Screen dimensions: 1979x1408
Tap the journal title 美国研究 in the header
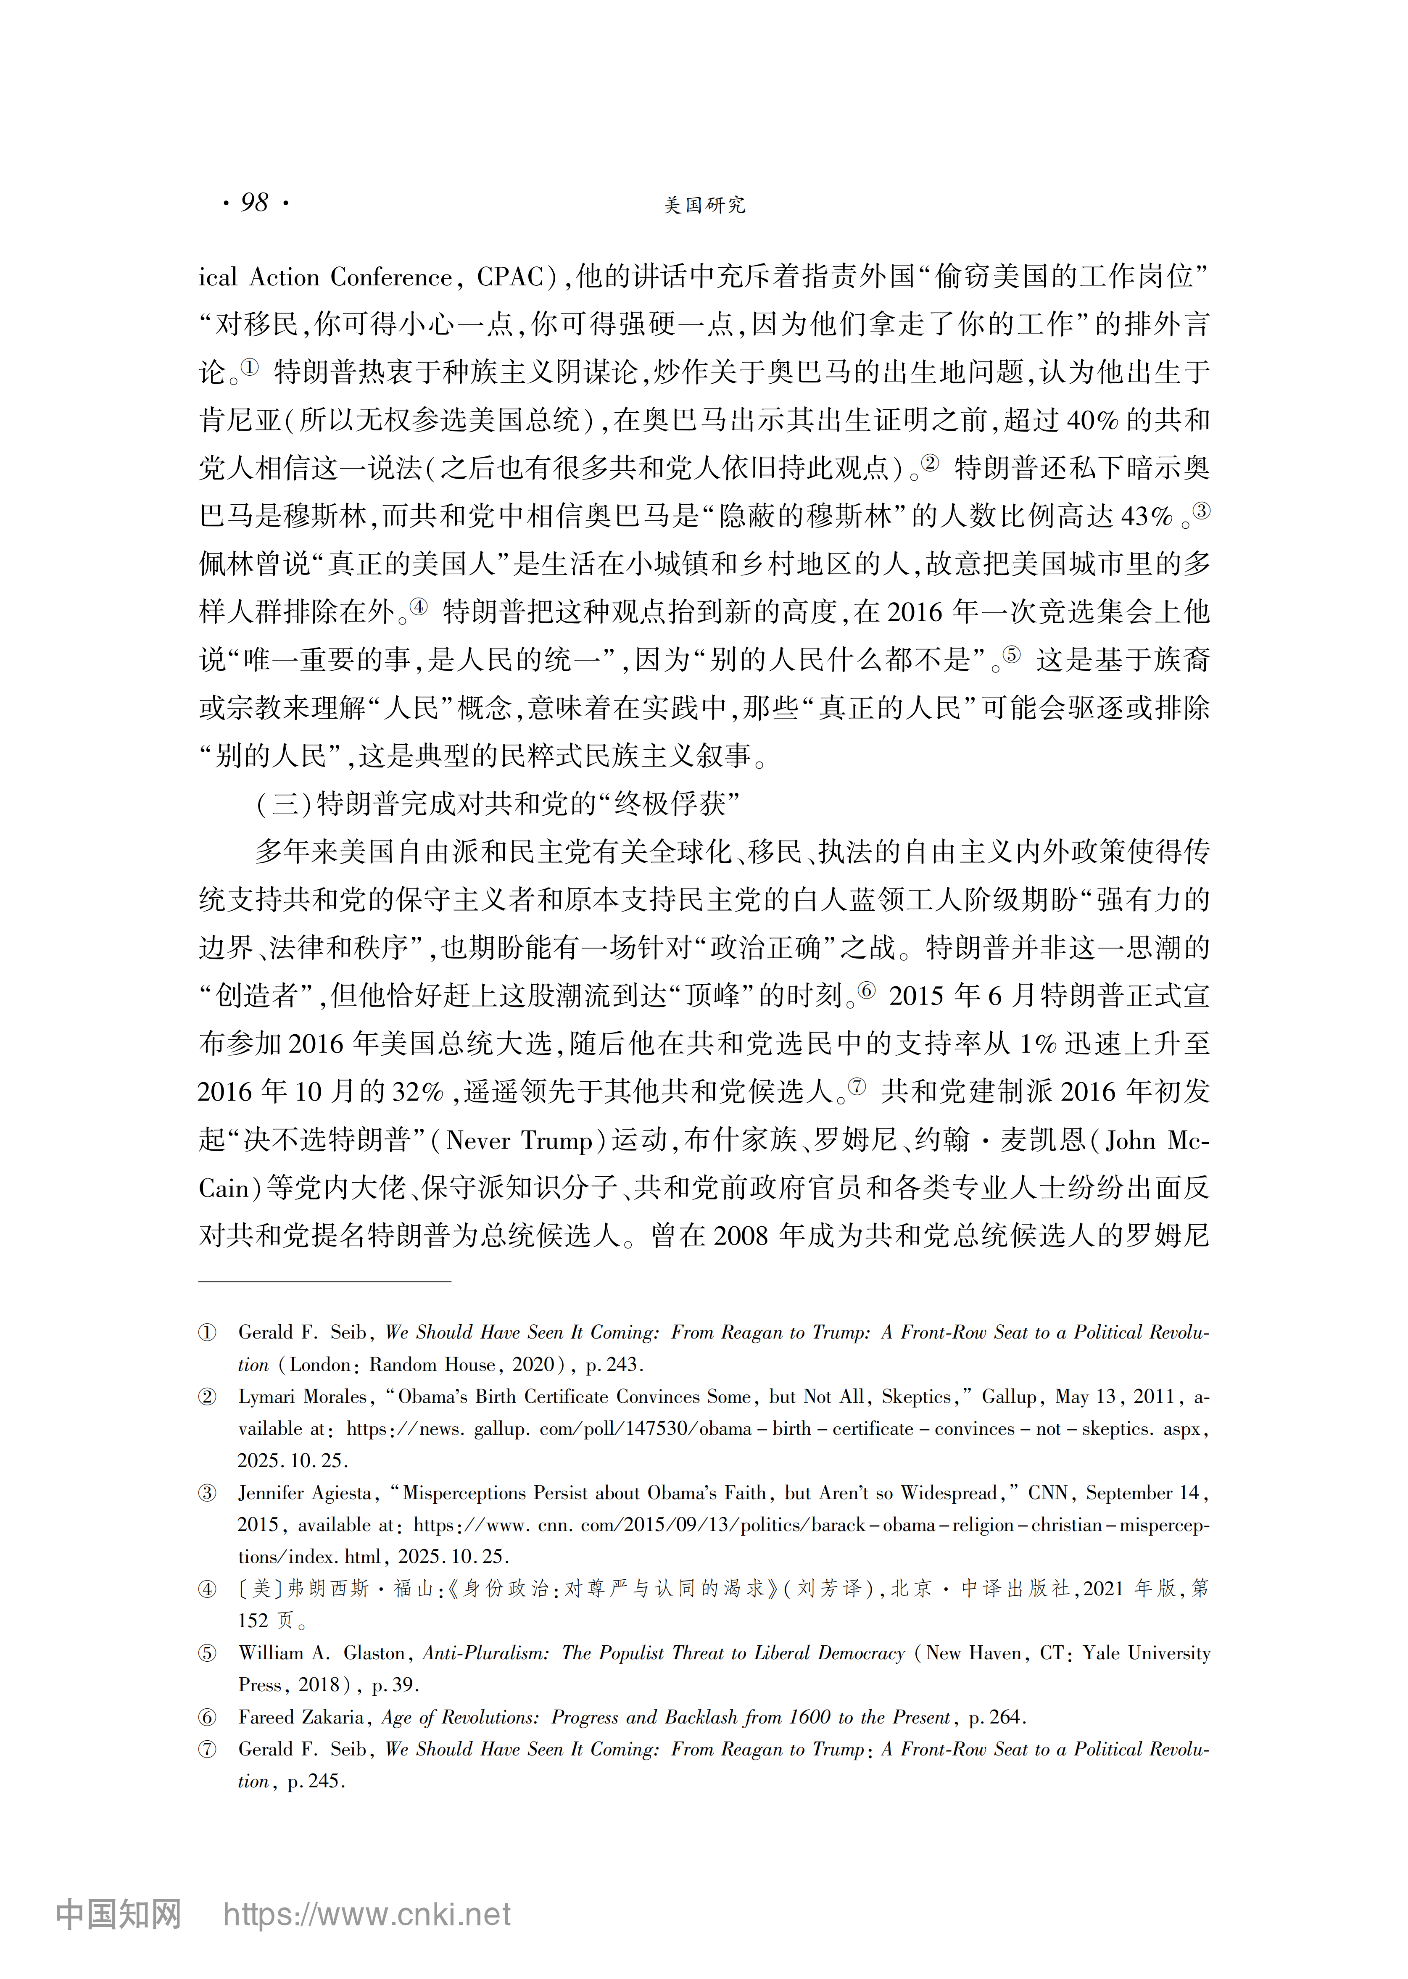point(704,206)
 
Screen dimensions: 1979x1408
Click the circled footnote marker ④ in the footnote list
point(207,1590)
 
